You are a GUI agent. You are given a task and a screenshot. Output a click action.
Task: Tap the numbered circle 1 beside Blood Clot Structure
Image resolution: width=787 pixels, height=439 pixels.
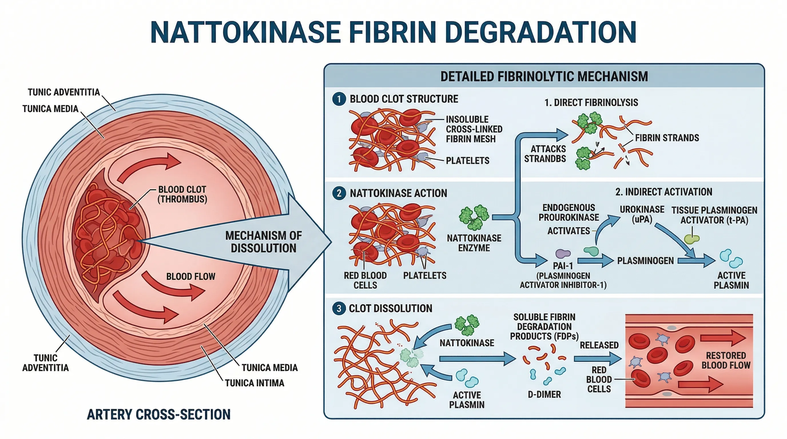pyautogui.click(x=339, y=99)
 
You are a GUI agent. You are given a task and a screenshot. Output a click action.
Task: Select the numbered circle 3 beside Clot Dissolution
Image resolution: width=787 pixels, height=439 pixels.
pyautogui.click(x=339, y=308)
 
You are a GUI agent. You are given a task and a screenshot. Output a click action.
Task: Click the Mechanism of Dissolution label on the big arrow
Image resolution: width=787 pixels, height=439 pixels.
pyautogui.click(x=263, y=242)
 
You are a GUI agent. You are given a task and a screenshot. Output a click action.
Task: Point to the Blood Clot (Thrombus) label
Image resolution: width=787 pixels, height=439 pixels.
pyautogui.click(x=182, y=194)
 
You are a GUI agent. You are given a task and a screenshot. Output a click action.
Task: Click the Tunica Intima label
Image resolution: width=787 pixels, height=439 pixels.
pyautogui.click(x=255, y=383)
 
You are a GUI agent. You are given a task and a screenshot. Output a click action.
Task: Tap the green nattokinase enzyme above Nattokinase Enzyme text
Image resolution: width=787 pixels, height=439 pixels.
pyautogui.click(x=474, y=217)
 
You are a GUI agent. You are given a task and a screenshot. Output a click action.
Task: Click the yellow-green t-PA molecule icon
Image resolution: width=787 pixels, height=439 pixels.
pyautogui.click(x=692, y=239)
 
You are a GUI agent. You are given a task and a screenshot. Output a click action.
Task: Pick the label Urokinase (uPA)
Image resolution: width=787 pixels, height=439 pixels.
pyautogui.click(x=642, y=214)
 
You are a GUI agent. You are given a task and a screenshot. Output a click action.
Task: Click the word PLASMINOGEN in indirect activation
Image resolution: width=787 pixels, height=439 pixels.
pyautogui.click(x=645, y=261)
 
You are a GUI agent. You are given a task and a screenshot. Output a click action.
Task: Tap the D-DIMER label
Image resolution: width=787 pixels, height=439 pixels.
pyautogui.click(x=544, y=394)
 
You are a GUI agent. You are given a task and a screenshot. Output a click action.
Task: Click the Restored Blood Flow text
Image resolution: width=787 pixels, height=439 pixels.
pyautogui.click(x=726, y=360)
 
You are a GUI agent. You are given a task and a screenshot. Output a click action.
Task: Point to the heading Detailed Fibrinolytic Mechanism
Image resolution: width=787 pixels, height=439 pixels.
pyautogui.click(x=544, y=76)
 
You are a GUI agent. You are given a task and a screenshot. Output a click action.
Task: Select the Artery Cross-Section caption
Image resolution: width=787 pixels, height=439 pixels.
pyautogui.click(x=158, y=414)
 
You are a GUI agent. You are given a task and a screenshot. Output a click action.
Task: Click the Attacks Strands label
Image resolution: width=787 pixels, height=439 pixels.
pyautogui.click(x=545, y=153)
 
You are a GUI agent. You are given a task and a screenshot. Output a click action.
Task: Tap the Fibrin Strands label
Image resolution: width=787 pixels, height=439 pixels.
pyautogui.click(x=667, y=138)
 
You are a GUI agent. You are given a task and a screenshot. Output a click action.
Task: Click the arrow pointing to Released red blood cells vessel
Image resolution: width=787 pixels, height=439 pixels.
pyautogui.click(x=597, y=359)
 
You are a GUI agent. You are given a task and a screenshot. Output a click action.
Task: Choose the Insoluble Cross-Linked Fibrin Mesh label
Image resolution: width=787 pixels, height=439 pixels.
pyautogui.click(x=474, y=129)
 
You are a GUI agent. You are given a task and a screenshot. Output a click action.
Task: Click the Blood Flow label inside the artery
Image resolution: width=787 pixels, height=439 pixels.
pyautogui.click(x=191, y=276)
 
